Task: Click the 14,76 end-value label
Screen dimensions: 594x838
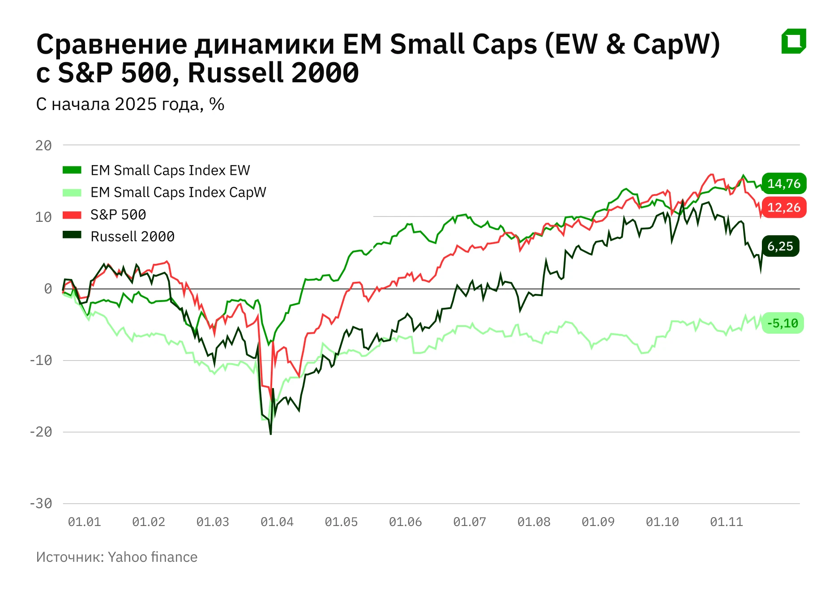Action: (784, 183)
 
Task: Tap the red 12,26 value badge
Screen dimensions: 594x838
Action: (784, 208)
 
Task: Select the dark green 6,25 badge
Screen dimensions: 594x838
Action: (780, 246)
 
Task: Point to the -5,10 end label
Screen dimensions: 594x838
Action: (782, 323)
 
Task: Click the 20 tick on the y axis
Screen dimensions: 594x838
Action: (43, 145)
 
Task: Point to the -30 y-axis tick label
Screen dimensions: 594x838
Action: (41, 504)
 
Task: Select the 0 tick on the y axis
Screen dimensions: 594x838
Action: (48, 289)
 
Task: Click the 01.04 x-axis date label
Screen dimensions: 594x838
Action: (277, 522)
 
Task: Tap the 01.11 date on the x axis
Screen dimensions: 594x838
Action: (727, 522)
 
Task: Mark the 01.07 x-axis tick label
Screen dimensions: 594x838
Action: (470, 522)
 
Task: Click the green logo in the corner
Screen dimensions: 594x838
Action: (794, 41)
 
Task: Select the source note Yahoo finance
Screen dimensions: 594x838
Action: (117, 557)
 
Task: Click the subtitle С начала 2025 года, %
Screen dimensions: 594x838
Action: (130, 104)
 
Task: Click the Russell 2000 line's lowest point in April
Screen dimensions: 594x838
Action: (271, 433)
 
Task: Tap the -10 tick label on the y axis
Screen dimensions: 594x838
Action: (41, 361)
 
